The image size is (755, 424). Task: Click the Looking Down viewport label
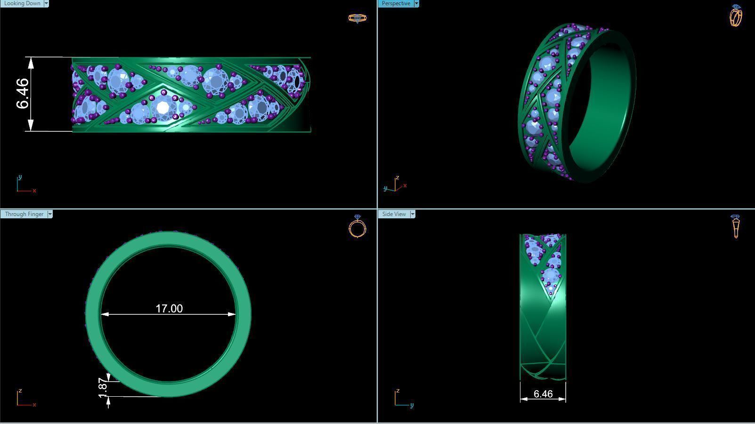coord(22,3)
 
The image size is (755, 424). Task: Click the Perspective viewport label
coord(396,3)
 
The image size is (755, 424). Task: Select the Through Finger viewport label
coord(24,214)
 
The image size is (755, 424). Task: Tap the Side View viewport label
coord(394,214)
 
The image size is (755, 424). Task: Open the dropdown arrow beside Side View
coord(413,214)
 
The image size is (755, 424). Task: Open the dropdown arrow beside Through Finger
coord(50,214)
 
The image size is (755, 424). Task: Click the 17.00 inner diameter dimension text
coord(169,308)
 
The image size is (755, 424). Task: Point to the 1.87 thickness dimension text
coord(103,387)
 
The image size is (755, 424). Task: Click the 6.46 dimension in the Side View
coord(543,394)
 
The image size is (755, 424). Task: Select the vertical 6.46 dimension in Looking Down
coord(23,94)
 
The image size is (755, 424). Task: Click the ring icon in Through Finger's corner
coord(357,226)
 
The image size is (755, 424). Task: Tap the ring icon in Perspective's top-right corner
coord(736,16)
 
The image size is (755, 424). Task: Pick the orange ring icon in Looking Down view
coord(357,18)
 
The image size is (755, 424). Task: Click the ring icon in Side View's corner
coord(736,226)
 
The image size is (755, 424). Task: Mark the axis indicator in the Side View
coord(403,398)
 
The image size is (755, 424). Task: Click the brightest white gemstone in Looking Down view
coord(163,108)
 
